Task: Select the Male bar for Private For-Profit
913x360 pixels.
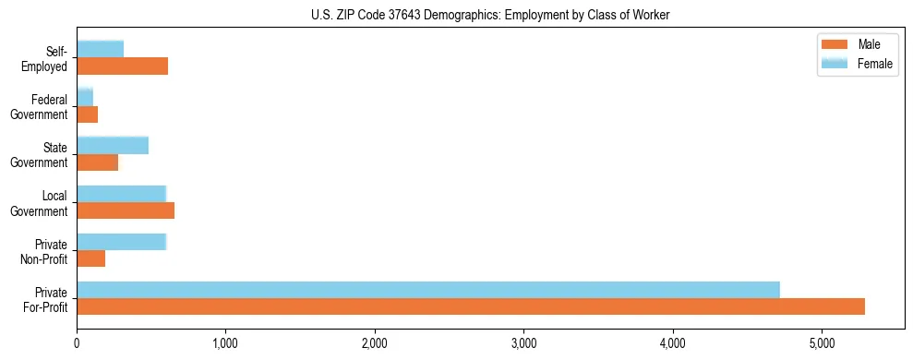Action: pos(471,306)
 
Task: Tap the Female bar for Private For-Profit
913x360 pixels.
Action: pos(428,290)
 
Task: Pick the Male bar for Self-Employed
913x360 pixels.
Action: pos(123,66)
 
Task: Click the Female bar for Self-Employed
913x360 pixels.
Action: pos(101,50)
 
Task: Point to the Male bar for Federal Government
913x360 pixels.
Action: pos(88,114)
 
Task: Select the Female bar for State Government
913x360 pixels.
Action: pos(113,146)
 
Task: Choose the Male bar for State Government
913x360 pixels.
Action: pos(98,162)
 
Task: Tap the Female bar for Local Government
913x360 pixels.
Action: pos(122,194)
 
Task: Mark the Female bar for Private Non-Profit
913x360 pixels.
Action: pos(122,242)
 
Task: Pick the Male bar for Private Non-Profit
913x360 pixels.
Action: pos(91,258)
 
